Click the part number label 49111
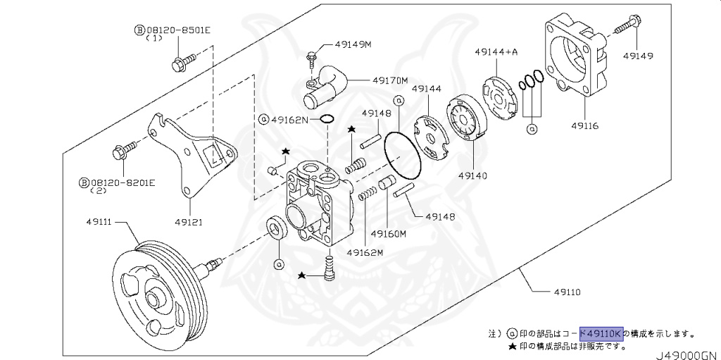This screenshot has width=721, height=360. click(x=101, y=222)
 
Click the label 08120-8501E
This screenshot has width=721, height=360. click(x=173, y=30)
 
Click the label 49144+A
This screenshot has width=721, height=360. click(x=496, y=51)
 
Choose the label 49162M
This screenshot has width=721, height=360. click(x=364, y=252)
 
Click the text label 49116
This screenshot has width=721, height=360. click(x=584, y=126)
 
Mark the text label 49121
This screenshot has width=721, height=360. click(x=189, y=222)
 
